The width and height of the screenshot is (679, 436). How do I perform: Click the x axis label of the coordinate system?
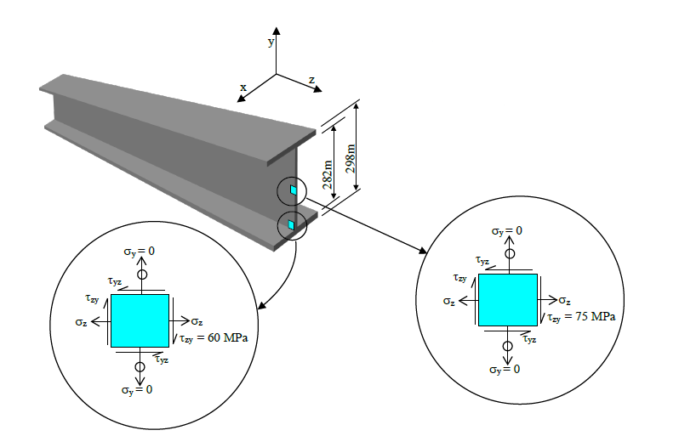pos(242,87)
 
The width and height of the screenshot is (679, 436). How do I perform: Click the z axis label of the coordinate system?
pos(311,80)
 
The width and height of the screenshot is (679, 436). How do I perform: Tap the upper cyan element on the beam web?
pos(293,190)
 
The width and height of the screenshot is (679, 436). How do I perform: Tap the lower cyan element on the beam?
pos(291,224)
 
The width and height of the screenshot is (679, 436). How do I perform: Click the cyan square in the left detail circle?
pos(140,320)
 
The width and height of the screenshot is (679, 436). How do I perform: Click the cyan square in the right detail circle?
pos(507,299)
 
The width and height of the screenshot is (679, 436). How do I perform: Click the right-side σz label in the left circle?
pos(197,321)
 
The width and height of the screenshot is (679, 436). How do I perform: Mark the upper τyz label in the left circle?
pos(114,280)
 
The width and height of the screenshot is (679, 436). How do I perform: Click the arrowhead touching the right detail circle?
pos(424,250)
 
